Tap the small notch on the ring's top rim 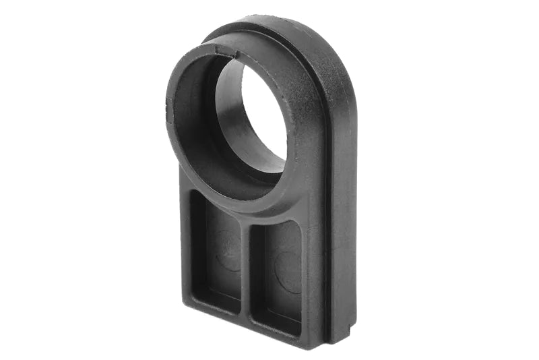(x=216, y=49)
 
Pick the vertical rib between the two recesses (x=246, y=270)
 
